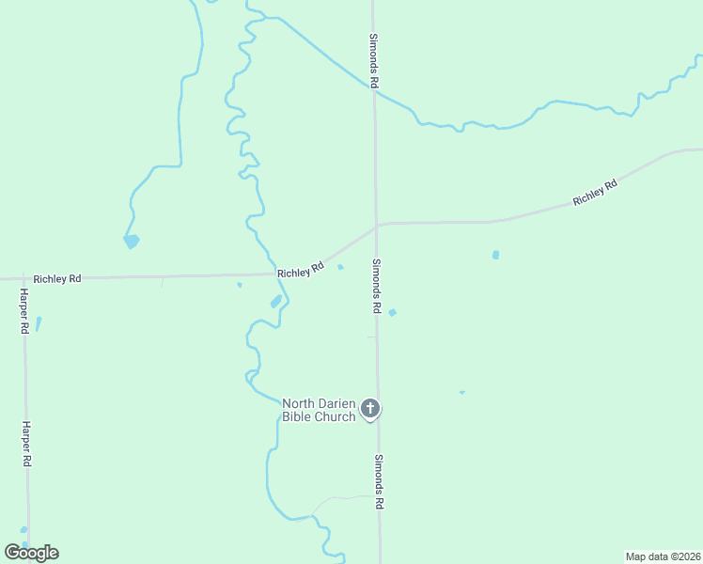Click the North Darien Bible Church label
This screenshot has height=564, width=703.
(x=319, y=410)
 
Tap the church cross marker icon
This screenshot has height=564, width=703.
(x=370, y=409)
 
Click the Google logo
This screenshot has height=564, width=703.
(x=32, y=553)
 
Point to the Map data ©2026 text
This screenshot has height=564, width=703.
(x=663, y=556)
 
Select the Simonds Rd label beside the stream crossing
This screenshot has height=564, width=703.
(x=373, y=62)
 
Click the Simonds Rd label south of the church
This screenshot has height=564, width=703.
(x=379, y=482)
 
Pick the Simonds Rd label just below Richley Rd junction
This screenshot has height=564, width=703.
(x=376, y=286)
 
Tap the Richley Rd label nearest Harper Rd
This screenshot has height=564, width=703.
(x=57, y=279)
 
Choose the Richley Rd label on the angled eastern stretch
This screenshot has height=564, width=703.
(x=595, y=193)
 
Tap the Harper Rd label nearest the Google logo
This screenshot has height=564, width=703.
(x=27, y=445)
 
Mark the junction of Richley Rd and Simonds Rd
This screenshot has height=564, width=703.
(x=376, y=225)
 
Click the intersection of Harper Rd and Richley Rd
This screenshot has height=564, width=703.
(x=24, y=278)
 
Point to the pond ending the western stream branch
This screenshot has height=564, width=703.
(x=132, y=242)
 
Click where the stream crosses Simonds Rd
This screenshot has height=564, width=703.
(x=374, y=90)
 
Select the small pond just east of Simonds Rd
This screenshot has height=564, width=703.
(x=392, y=312)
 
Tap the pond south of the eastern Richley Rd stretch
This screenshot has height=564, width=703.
(x=495, y=255)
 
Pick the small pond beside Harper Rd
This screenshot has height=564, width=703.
(x=39, y=323)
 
